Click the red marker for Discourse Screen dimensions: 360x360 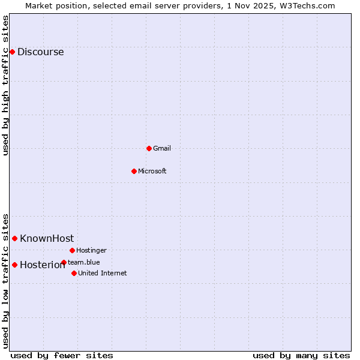point(12,52)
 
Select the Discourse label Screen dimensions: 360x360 point(40,52)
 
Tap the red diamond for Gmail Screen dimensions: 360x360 point(149,148)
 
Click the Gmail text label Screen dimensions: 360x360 point(162,148)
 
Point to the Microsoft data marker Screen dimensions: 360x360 point(134,171)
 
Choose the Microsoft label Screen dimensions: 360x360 point(152,171)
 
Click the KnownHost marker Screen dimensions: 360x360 point(14,238)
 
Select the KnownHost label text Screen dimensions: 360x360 point(47,238)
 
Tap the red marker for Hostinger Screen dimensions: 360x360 point(72,250)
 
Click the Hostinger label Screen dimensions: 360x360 point(91,250)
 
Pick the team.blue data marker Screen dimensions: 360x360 point(64,262)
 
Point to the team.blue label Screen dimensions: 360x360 point(84,262)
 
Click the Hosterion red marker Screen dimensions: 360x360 point(14,265)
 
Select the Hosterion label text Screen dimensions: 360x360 point(42,265)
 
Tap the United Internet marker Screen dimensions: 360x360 point(74,273)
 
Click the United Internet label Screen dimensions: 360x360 point(102,273)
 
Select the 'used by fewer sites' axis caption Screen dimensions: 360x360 point(62,355)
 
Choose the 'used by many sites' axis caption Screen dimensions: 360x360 point(301,355)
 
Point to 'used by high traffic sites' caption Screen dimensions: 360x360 point(5,85)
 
